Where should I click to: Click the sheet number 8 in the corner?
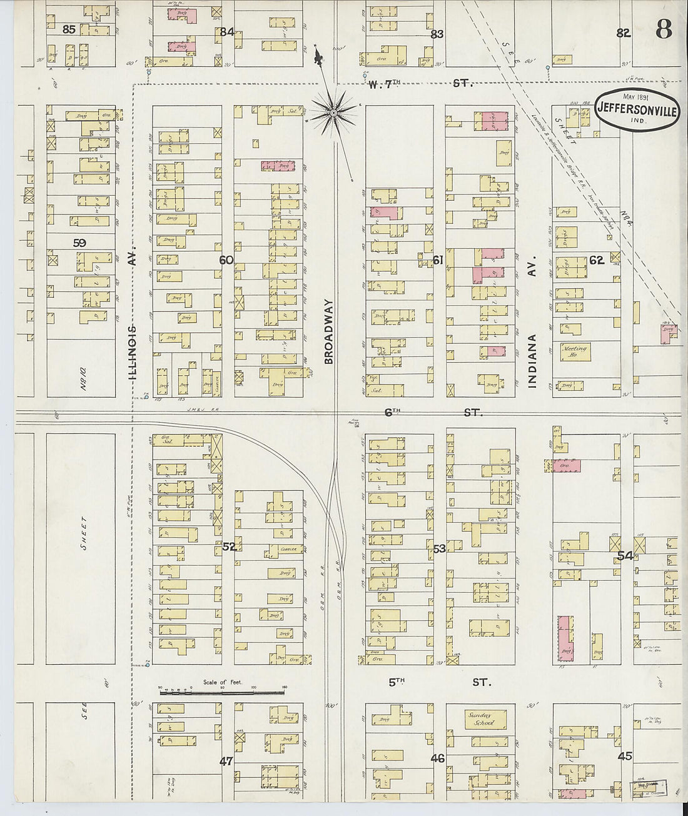point(664,29)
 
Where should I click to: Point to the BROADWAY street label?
point(330,331)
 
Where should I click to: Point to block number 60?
point(226,259)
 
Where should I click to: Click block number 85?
point(69,29)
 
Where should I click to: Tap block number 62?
point(597,260)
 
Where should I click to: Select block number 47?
point(226,761)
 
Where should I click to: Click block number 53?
point(439,549)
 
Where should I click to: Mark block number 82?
point(623,34)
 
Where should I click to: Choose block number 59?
point(79,243)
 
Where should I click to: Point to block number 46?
point(438,758)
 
